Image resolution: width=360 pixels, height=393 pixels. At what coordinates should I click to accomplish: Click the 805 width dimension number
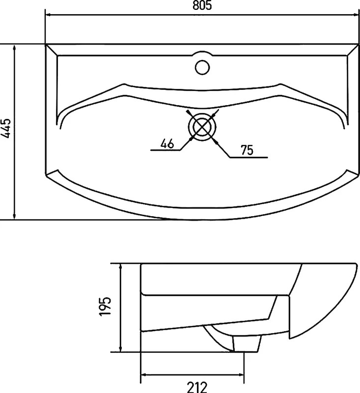point(202,5)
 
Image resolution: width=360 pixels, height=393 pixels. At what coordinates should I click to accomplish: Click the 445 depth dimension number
point(6,128)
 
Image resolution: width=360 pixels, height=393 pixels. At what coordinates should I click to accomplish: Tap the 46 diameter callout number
point(167,144)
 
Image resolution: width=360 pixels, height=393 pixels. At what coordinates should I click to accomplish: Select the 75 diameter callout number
point(247,150)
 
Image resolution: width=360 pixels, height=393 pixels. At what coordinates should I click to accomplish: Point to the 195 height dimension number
point(105,307)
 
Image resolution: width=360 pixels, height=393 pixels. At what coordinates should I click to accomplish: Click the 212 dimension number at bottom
point(197,388)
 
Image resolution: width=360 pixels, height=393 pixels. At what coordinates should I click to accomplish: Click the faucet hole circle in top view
point(202,67)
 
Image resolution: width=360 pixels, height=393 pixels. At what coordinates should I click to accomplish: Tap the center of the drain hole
point(202,127)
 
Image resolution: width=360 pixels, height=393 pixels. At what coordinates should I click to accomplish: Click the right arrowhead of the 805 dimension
point(355,15)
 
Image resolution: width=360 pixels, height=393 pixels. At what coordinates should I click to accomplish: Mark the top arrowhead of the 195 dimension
point(121,267)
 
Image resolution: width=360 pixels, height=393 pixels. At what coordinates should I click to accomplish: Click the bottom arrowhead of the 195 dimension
point(121,348)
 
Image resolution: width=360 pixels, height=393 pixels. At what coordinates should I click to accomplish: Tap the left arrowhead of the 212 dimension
point(145,375)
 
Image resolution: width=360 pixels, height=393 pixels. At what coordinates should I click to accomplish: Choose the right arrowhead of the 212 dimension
point(240,375)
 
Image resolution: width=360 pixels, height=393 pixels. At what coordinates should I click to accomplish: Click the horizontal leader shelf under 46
point(166,150)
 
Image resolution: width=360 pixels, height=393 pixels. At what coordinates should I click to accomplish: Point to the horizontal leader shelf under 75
point(249,157)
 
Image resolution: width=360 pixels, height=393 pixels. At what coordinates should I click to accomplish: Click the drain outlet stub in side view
point(247,344)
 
